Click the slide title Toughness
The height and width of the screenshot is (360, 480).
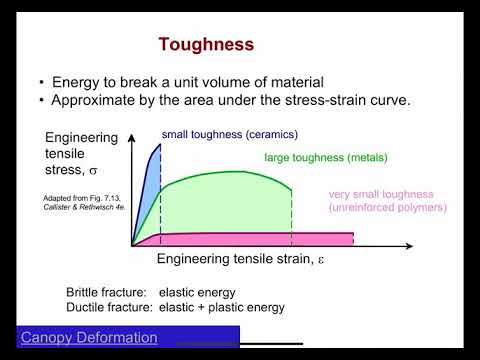tap(206, 45)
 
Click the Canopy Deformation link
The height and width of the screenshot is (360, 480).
tap(89, 338)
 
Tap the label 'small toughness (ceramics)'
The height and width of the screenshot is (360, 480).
tap(229, 134)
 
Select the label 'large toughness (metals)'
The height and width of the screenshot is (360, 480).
tap(325, 157)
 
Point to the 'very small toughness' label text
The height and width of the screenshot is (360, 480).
tap(385, 193)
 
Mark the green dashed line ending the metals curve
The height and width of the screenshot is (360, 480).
tap(291, 215)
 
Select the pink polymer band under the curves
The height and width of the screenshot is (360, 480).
tap(250, 239)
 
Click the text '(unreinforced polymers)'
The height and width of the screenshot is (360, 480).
tap(388, 207)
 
